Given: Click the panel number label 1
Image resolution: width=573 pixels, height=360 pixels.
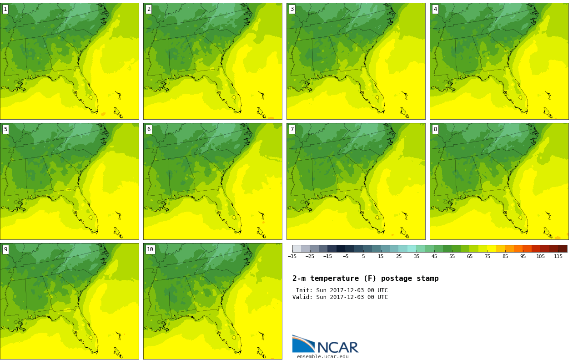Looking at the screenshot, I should point(5,9).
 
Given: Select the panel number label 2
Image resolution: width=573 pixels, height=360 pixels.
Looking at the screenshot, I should point(149,9).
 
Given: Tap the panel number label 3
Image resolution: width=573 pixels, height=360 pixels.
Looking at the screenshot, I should point(292,9).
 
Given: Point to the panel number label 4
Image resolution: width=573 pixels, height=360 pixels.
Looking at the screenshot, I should point(435,9).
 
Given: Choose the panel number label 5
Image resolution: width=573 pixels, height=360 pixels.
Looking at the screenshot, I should point(5,129).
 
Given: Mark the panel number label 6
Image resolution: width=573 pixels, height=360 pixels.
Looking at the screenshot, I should point(149,129).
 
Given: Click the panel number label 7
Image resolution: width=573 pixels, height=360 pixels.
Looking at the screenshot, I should point(292,129).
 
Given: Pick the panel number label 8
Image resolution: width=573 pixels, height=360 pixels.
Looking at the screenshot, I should point(435,129).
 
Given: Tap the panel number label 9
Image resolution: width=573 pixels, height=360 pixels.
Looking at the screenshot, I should point(5,249).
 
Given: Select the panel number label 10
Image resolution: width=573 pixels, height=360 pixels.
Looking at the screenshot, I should point(150,249).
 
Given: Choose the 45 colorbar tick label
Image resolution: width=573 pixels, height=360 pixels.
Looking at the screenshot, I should point(434,257).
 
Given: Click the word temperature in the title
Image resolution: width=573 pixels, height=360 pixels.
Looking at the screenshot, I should point(329,279).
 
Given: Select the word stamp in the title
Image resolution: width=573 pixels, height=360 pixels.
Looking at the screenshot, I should point(427,279).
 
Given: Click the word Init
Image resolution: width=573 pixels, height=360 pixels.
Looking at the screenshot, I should point(304,290).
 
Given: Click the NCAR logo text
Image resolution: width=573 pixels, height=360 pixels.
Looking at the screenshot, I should point(337,348).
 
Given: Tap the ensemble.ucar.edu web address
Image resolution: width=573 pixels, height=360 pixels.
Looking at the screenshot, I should point(322,357).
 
